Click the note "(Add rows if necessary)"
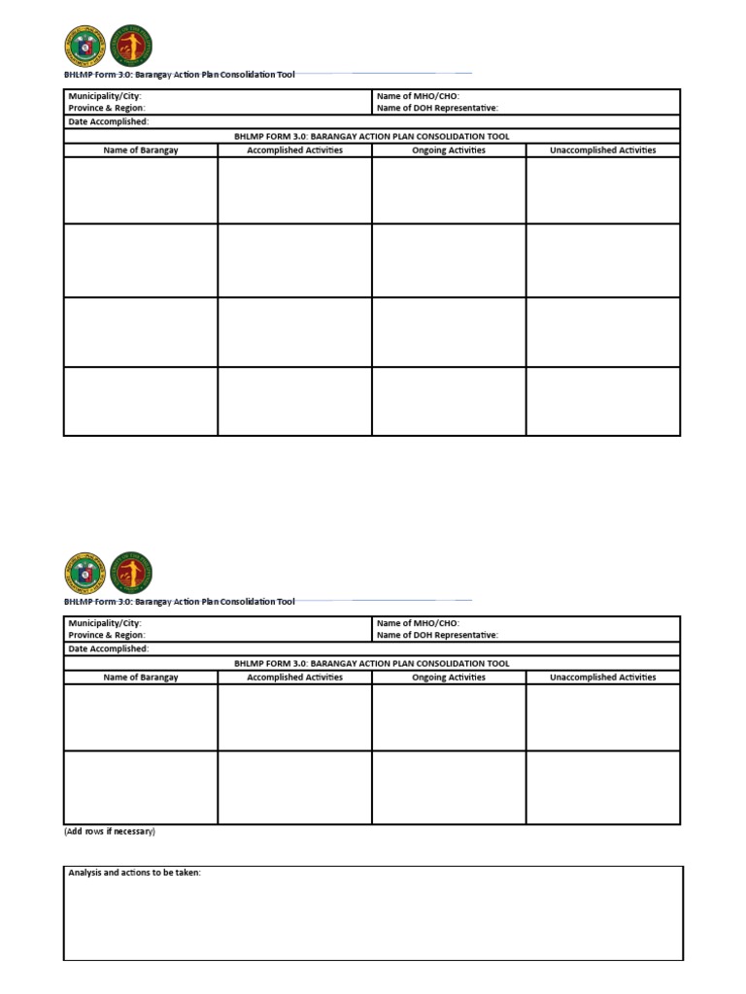pos(110,832)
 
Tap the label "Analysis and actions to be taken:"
pos(134,874)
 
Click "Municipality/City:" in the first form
pos(105,97)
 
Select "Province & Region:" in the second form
pos(107,635)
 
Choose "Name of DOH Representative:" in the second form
pos(437,635)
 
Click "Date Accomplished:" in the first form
pos(108,122)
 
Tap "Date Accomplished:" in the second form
pos(108,648)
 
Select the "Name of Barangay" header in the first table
pos(141,150)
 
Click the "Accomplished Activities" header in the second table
pos(294,678)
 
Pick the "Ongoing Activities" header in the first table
pos(449,150)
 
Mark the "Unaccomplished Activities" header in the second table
pos(602,678)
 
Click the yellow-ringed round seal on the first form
pos(85,47)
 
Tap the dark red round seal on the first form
pos(131,47)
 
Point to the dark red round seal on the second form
pos(131,574)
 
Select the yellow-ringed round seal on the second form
pos(85,574)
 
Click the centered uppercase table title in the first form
pos(372,137)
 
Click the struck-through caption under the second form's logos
pos(180,602)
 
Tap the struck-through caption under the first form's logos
pos(180,74)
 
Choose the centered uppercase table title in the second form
pos(372,664)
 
